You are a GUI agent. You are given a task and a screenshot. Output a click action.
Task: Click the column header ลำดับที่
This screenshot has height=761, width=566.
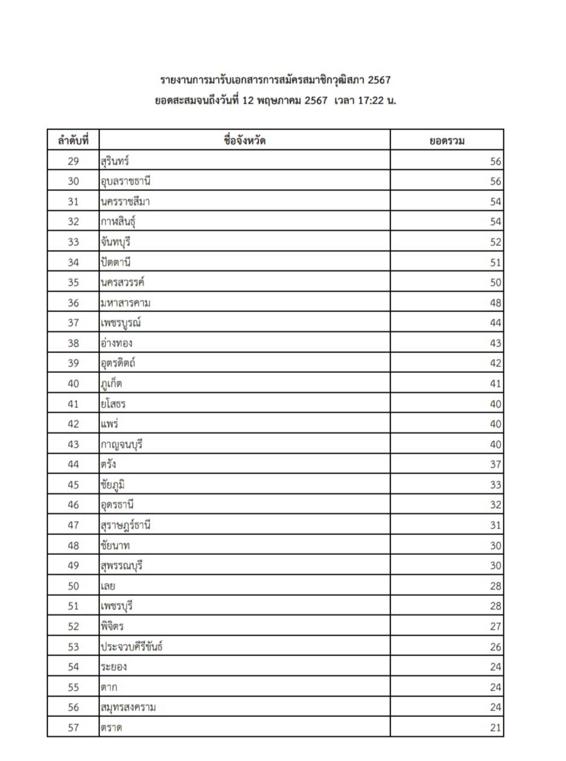[73, 141]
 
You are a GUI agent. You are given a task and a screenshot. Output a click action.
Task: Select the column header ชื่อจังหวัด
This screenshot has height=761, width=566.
[244, 141]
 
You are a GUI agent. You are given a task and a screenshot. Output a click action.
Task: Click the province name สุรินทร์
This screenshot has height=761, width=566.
[115, 161]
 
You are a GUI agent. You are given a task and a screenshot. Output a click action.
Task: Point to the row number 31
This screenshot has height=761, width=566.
[73, 202]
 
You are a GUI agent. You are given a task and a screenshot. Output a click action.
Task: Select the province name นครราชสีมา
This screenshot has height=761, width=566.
[125, 202]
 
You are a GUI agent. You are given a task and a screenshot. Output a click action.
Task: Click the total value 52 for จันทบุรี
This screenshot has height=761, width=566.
[495, 242]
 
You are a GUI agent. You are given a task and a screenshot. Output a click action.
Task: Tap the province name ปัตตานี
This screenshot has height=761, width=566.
[116, 262]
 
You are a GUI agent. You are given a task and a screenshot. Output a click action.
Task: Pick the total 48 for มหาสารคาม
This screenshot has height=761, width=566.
[495, 303]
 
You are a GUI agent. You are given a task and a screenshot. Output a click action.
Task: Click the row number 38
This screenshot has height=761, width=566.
[73, 343]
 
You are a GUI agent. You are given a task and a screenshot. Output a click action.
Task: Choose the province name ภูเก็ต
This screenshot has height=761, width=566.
[112, 384]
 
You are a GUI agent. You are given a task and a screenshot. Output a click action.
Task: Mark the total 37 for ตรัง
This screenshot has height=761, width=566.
[495, 465]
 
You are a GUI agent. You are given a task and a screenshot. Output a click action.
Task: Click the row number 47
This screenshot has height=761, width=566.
[73, 525]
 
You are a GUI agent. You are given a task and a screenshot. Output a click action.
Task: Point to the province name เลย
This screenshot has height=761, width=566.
[108, 586]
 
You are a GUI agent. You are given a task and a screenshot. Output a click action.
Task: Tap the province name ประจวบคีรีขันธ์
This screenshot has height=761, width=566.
[131, 647]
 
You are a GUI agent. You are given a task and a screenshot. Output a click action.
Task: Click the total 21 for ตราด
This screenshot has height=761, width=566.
[495, 728]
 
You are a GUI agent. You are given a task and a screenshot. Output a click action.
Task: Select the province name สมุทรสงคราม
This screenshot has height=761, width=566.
[128, 707]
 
